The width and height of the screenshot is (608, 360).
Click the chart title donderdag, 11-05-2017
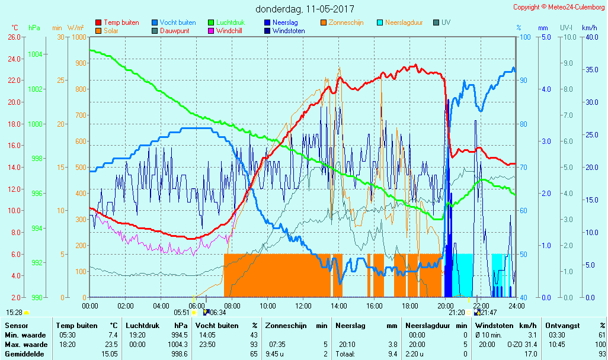pos(305,9)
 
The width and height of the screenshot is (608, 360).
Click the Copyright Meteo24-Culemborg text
pos(559,7)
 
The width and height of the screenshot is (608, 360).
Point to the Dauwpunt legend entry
pos(174,31)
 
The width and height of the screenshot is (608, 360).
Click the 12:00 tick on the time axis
pos(303,306)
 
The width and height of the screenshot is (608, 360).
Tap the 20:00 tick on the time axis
pos(446,306)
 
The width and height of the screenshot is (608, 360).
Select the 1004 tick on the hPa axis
pos(34,54)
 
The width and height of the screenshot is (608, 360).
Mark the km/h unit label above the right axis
pos(589,27)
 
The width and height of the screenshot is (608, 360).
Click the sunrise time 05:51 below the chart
pos(181,312)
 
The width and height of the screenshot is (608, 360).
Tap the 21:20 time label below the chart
pos(456,312)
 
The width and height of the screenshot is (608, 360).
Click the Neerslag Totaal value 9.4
pos(392,354)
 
